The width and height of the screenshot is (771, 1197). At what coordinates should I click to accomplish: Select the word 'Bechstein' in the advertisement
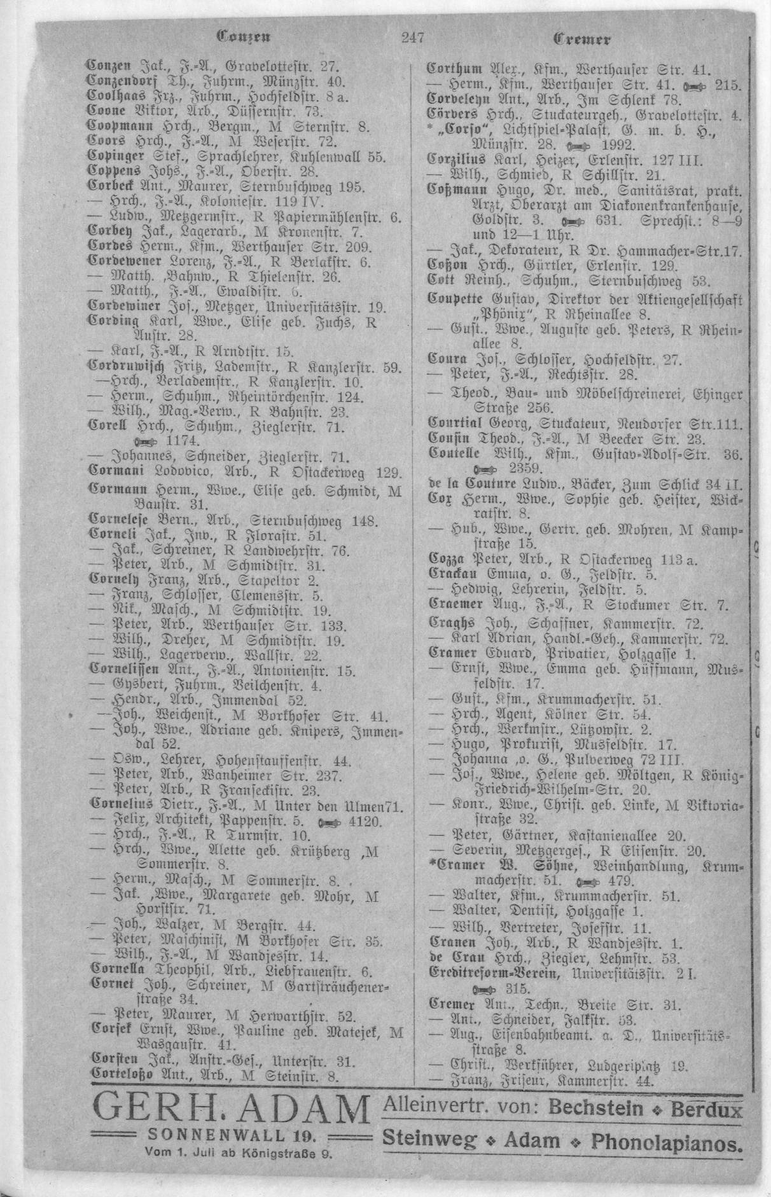595,1109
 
